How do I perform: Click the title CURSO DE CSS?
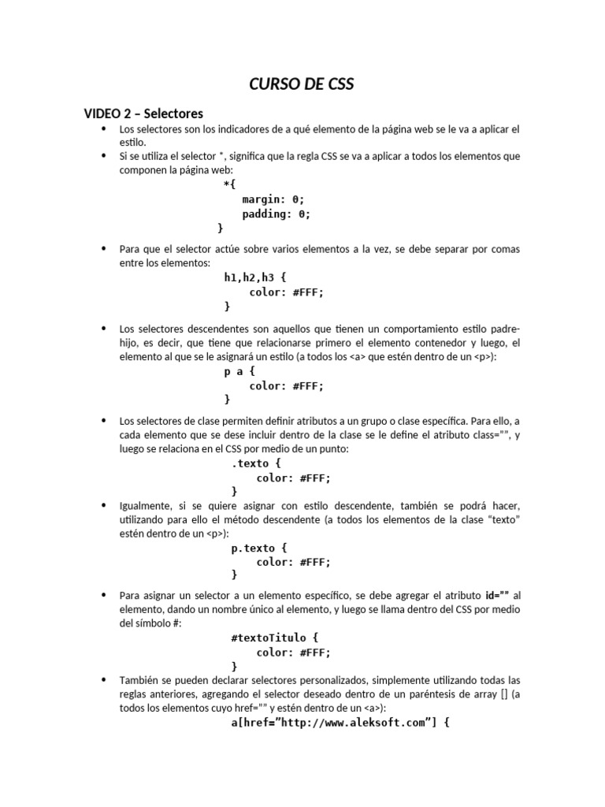[302, 85]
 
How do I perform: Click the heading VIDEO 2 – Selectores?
[143, 113]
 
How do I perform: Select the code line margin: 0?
[273, 199]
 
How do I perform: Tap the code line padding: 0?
[276, 214]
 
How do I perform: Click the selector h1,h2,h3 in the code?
[247, 277]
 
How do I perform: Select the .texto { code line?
[255, 463]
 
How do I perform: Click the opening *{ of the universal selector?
[229, 185]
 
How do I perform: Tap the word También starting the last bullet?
[137, 679]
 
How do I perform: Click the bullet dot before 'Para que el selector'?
[103, 249]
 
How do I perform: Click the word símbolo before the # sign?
[153, 623]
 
